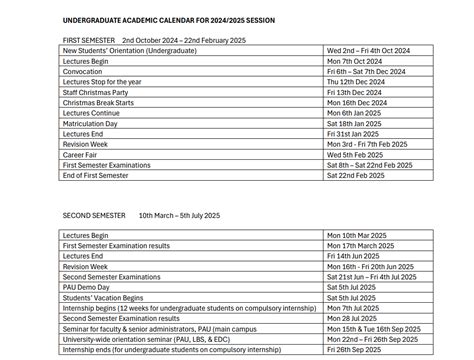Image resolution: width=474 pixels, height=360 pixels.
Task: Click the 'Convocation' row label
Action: [x=84, y=71]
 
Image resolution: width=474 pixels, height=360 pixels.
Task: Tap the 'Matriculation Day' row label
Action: [x=93, y=123]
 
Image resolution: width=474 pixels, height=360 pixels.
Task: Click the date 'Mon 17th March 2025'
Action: [x=364, y=245]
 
